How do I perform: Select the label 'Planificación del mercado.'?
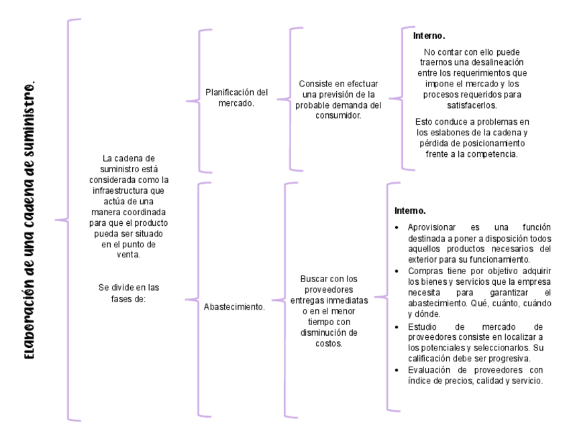coord(236,98)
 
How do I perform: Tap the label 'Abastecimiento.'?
coord(234,308)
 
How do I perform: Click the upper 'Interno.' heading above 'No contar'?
coord(429,35)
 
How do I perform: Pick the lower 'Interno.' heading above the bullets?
coord(410,211)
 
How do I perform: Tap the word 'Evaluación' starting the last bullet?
coord(427,370)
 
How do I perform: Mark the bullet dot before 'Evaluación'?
coord(399,371)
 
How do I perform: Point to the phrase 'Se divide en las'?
coord(129,288)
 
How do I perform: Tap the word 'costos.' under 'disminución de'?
coord(329,344)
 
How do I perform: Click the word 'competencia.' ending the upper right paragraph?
coord(493,154)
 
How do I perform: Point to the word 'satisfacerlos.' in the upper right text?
coord(472,105)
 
